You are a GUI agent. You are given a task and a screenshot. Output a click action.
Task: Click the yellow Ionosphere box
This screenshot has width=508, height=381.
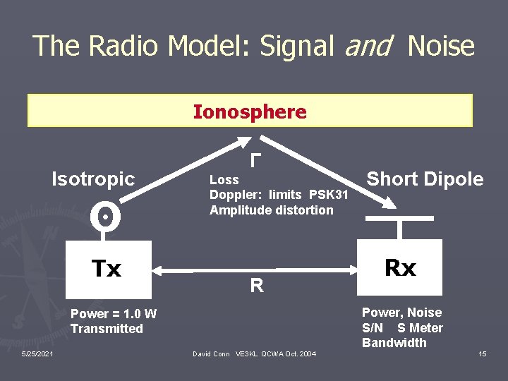coord(250,111)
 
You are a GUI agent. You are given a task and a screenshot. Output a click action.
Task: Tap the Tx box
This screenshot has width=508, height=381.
coord(107,269)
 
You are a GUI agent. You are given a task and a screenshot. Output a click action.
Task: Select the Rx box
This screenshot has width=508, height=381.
coord(400,267)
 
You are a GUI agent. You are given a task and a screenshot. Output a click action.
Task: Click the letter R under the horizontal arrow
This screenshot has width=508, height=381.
coord(257,286)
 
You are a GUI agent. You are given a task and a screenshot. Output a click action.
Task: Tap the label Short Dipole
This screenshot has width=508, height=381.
coord(425,179)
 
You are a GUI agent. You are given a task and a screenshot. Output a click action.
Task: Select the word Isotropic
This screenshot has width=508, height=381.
coord(93,179)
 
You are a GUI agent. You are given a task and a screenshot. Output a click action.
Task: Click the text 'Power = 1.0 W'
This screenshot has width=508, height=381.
coord(114,314)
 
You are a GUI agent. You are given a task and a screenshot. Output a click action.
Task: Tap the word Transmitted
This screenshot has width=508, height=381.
coord(107,329)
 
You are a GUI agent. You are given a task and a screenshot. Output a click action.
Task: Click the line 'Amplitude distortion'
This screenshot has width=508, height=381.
coord(272,210)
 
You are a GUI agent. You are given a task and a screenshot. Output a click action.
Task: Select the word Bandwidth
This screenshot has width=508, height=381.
coord(394,343)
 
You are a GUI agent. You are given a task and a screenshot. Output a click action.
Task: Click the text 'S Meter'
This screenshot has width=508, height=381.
coord(421,328)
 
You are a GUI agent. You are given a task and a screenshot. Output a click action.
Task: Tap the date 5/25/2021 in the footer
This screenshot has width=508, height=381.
coord(36,353)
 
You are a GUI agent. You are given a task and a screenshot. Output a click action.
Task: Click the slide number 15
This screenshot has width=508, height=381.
coord(482,353)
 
